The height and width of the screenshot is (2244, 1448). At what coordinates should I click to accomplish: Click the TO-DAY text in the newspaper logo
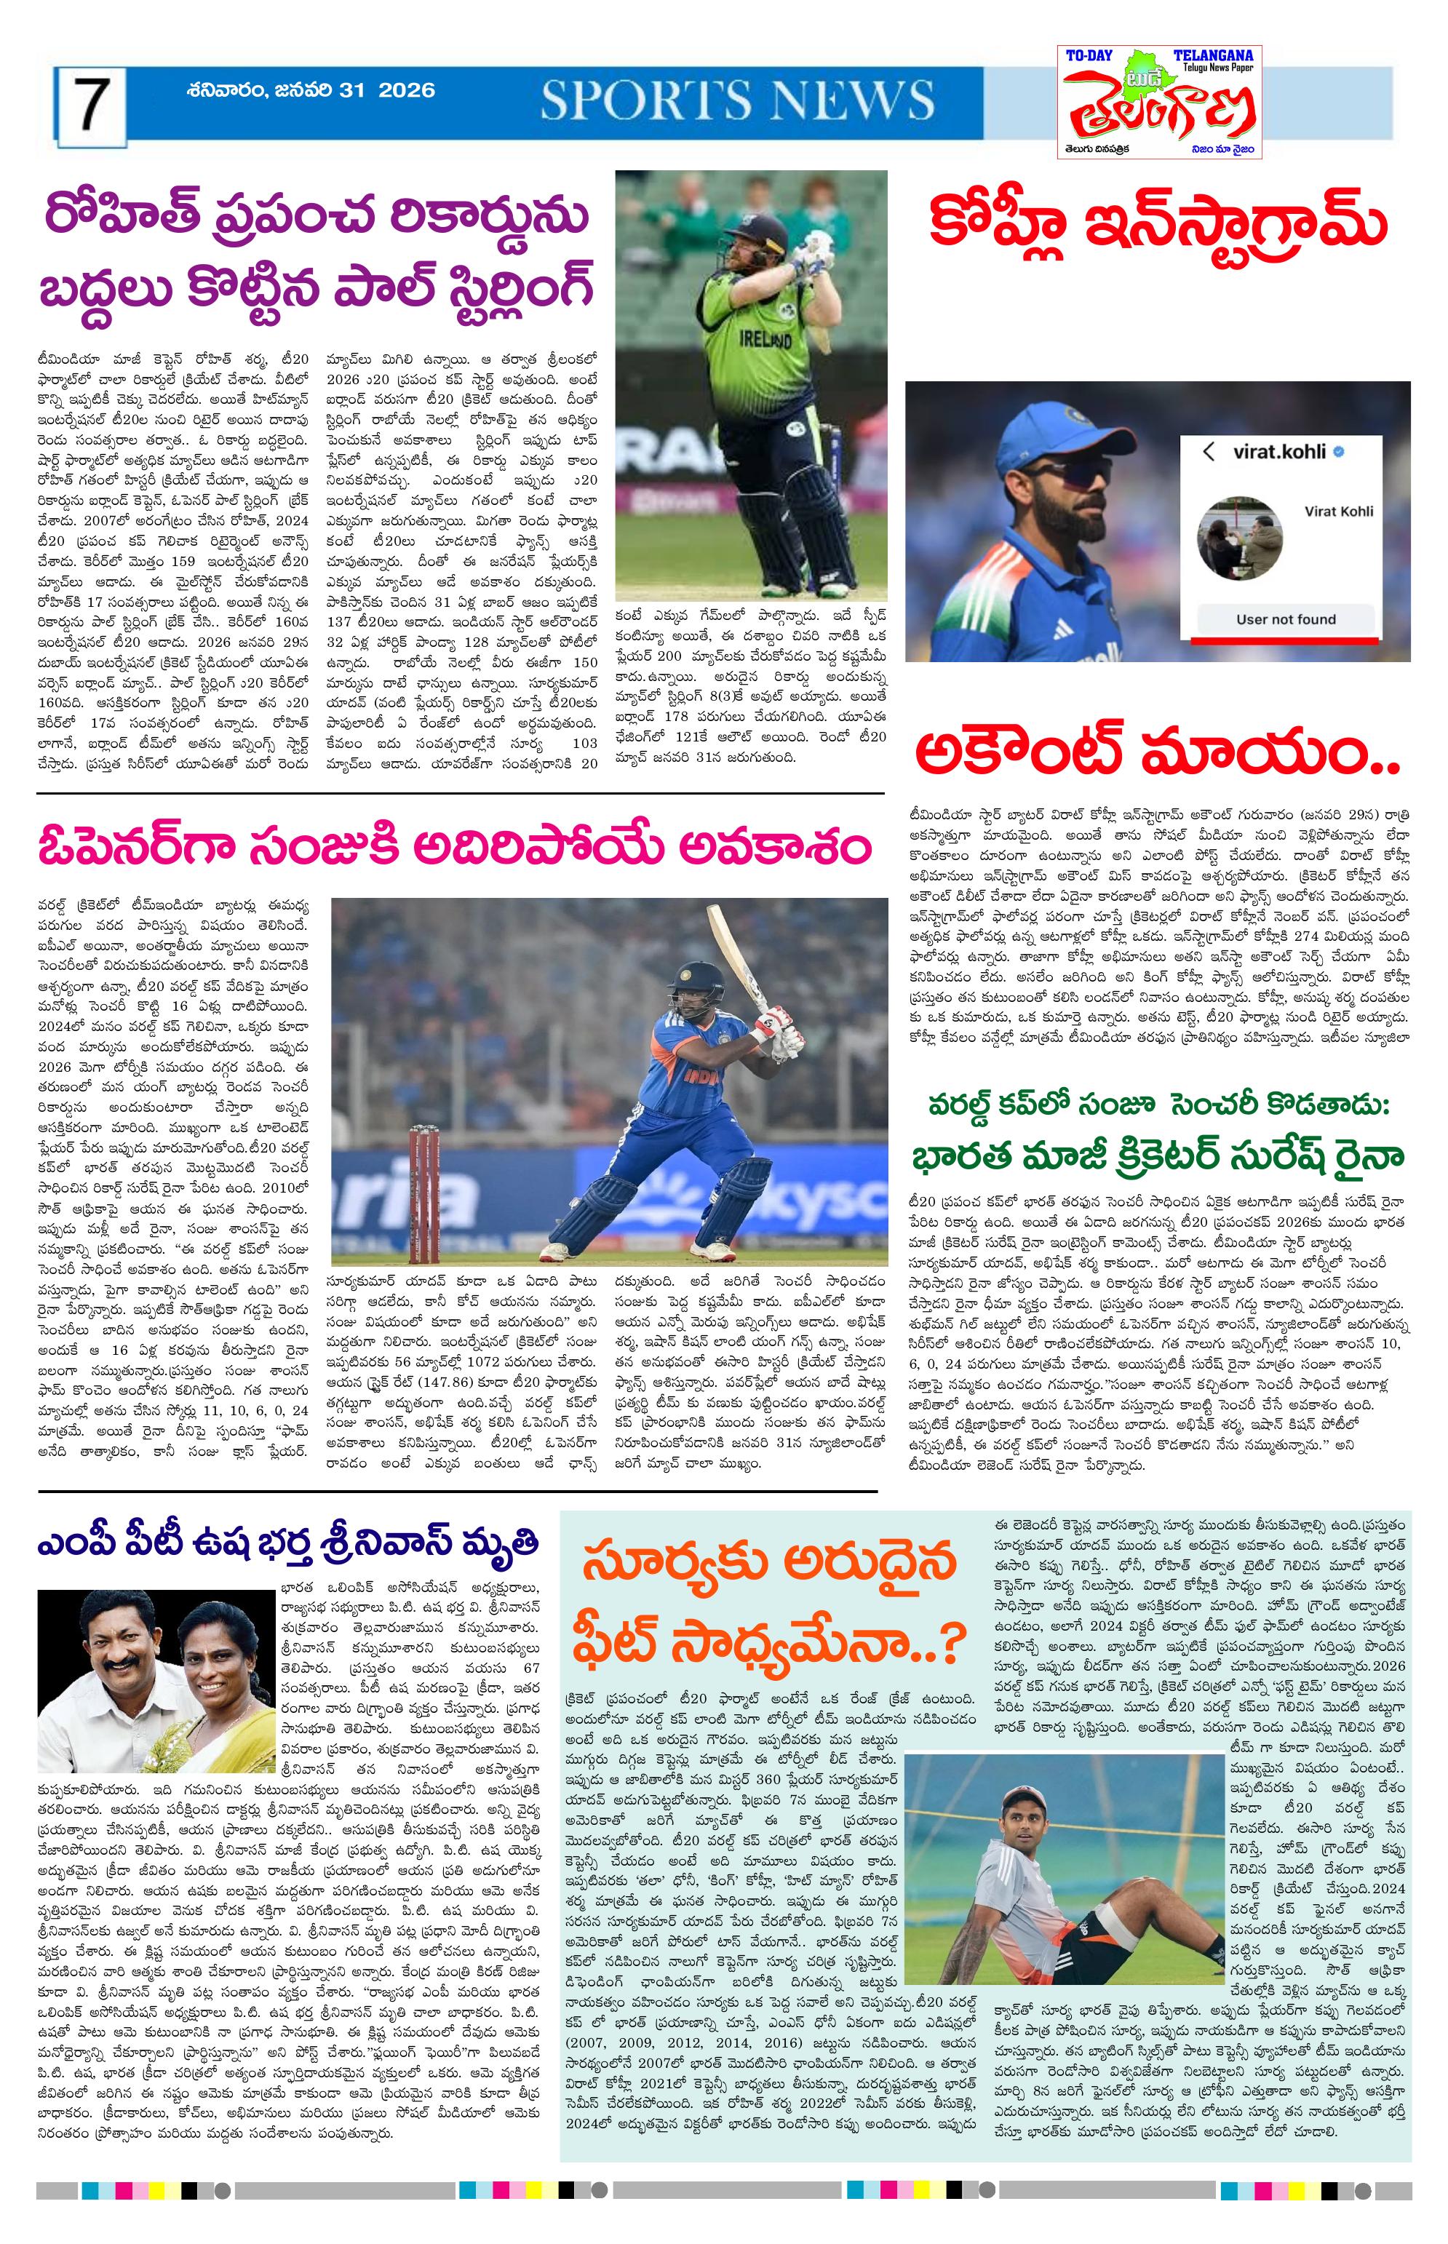point(1088,57)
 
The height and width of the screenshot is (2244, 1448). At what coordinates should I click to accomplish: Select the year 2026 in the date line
point(407,90)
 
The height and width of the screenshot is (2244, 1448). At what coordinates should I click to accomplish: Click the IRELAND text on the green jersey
point(765,338)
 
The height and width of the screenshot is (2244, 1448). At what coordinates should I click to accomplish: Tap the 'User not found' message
point(1285,619)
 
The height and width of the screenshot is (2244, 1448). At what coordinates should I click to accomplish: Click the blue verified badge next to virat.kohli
point(1339,452)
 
